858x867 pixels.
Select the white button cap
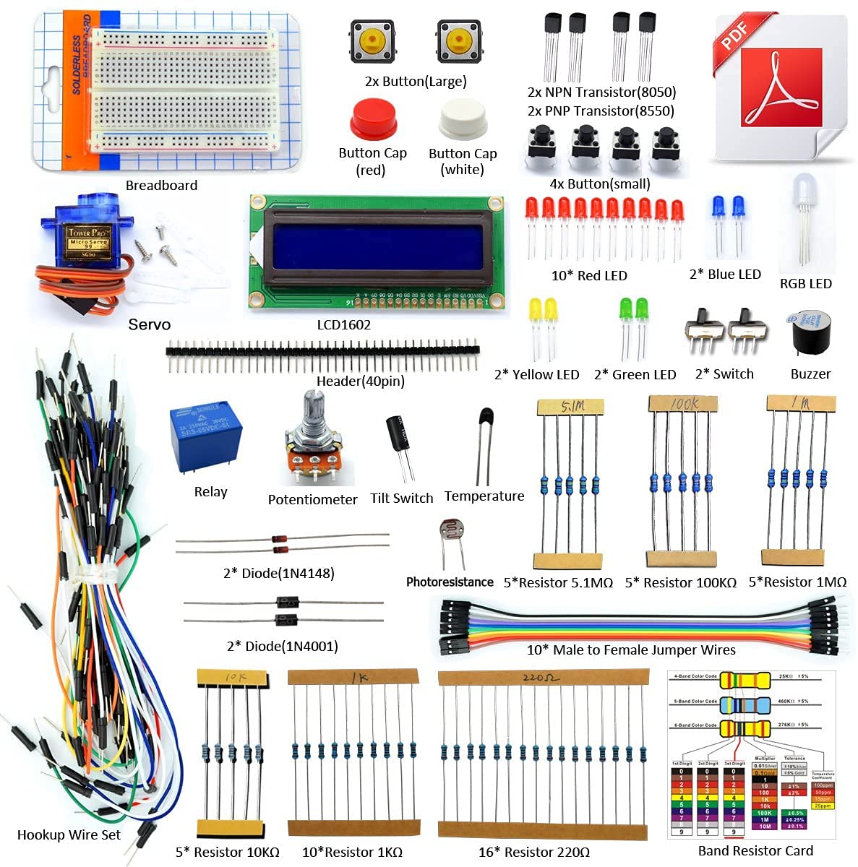click(x=463, y=119)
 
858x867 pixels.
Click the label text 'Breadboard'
click(x=161, y=186)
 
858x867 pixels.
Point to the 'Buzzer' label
click(x=810, y=374)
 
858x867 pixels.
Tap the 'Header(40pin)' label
click(x=360, y=381)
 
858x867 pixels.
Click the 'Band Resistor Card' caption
click(x=755, y=851)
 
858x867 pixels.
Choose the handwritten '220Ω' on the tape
click(x=540, y=678)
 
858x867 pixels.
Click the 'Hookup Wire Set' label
click(x=69, y=834)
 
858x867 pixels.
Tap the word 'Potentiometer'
click(x=312, y=499)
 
